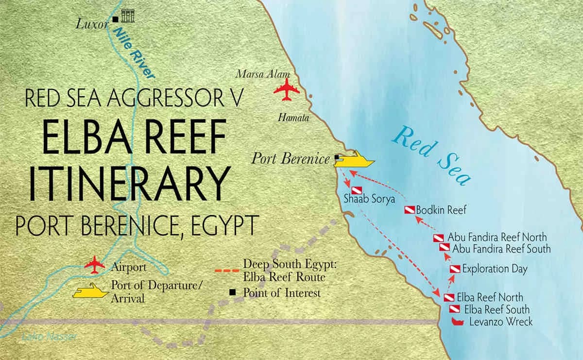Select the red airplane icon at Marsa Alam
point(286,91)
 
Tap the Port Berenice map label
point(291,159)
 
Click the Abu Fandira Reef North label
point(497,238)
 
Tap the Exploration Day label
point(495,268)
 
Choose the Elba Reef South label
point(497,309)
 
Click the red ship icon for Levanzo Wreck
point(457,322)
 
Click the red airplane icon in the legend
point(95,266)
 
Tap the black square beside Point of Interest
point(233,292)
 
